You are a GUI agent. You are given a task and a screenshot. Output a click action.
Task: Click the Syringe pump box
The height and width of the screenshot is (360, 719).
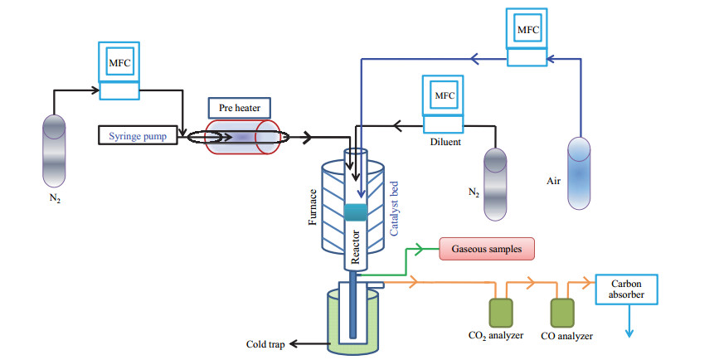(138, 136)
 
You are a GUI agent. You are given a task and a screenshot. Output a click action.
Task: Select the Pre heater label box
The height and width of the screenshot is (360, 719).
(240, 108)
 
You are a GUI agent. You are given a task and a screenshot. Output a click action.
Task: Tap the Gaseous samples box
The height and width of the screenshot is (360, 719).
(487, 249)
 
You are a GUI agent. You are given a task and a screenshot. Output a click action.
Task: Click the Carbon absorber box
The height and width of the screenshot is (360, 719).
(626, 289)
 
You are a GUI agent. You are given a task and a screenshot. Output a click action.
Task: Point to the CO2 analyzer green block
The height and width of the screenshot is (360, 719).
(501, 314)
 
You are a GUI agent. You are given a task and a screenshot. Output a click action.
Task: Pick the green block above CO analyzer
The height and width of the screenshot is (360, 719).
(562, 314)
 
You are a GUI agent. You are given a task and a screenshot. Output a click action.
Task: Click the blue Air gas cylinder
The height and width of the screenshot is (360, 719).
(579, 173)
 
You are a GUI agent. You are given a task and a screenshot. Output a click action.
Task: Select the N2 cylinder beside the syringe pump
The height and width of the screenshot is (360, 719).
(54, 151)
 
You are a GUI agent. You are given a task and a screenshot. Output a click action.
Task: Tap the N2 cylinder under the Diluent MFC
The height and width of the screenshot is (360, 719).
(495, 184)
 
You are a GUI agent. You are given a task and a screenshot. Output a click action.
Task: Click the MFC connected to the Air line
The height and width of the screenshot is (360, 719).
(527, 37)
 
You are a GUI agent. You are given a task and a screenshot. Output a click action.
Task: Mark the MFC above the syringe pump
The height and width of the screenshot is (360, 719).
(119, 71)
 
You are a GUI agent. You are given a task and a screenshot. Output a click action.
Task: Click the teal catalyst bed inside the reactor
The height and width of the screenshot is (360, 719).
(356, 212)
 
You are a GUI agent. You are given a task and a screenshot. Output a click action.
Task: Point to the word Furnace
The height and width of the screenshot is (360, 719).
(313, 207)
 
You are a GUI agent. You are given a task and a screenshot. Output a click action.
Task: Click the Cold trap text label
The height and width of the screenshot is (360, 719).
(265, 344)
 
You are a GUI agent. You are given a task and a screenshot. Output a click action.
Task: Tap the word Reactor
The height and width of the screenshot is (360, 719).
(355, 246)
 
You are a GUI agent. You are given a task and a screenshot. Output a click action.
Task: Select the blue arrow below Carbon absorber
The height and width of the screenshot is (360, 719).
(629, 321)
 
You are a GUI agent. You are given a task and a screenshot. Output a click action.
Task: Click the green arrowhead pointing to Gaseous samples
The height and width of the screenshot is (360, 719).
(419, 250)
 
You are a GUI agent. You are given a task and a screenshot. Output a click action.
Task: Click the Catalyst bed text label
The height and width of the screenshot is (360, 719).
(395, 209)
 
